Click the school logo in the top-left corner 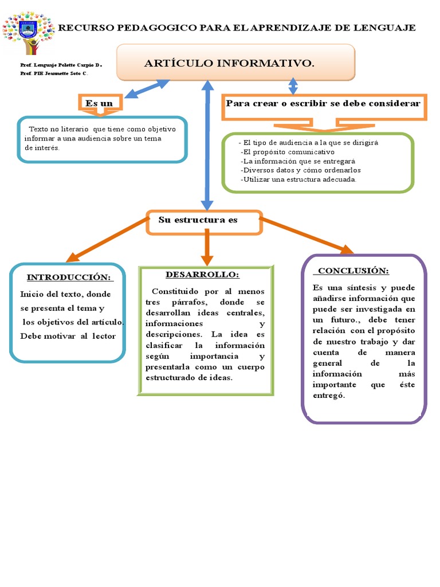click(27, 30)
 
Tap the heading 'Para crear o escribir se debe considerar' click(324, 104)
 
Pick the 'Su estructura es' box click(198, 220)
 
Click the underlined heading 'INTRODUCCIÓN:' click(69, 277)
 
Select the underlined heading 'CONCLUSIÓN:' click(353, 271)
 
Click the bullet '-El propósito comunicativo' click(288, 152)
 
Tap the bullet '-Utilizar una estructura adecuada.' click(299, 179)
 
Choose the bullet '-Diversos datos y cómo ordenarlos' click(301, 170)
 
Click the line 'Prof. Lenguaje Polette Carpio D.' click(61, 66)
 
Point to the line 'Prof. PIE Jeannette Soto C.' click(54, 74)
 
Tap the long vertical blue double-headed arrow click(207, 143)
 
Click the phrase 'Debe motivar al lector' click(68, 336)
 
